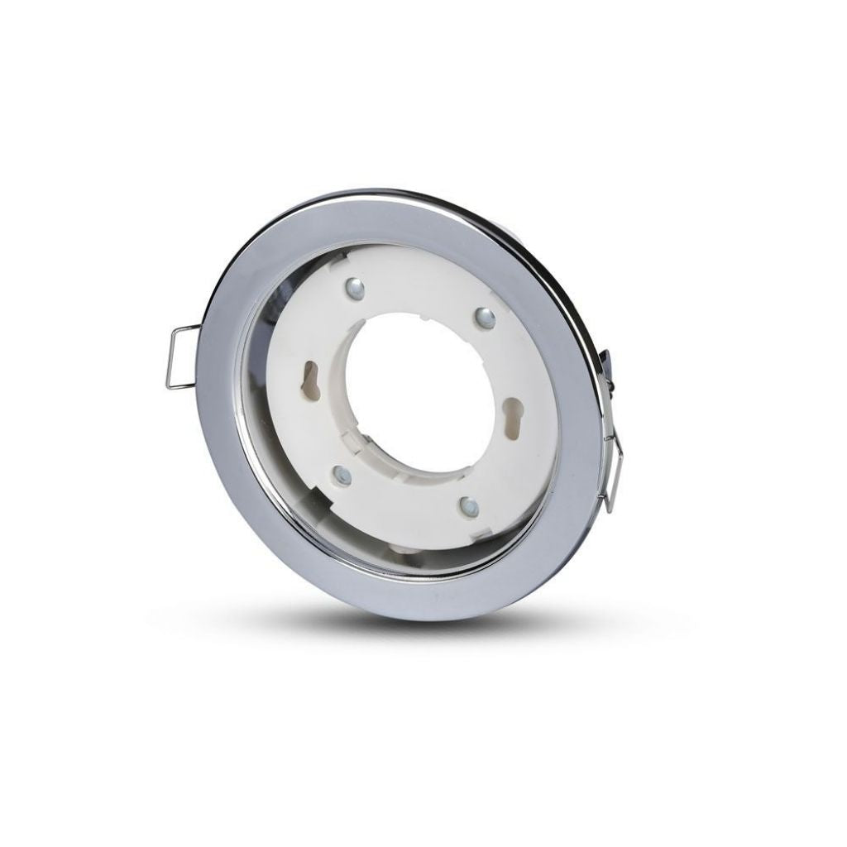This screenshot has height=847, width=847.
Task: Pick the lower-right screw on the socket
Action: coord(468,505)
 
